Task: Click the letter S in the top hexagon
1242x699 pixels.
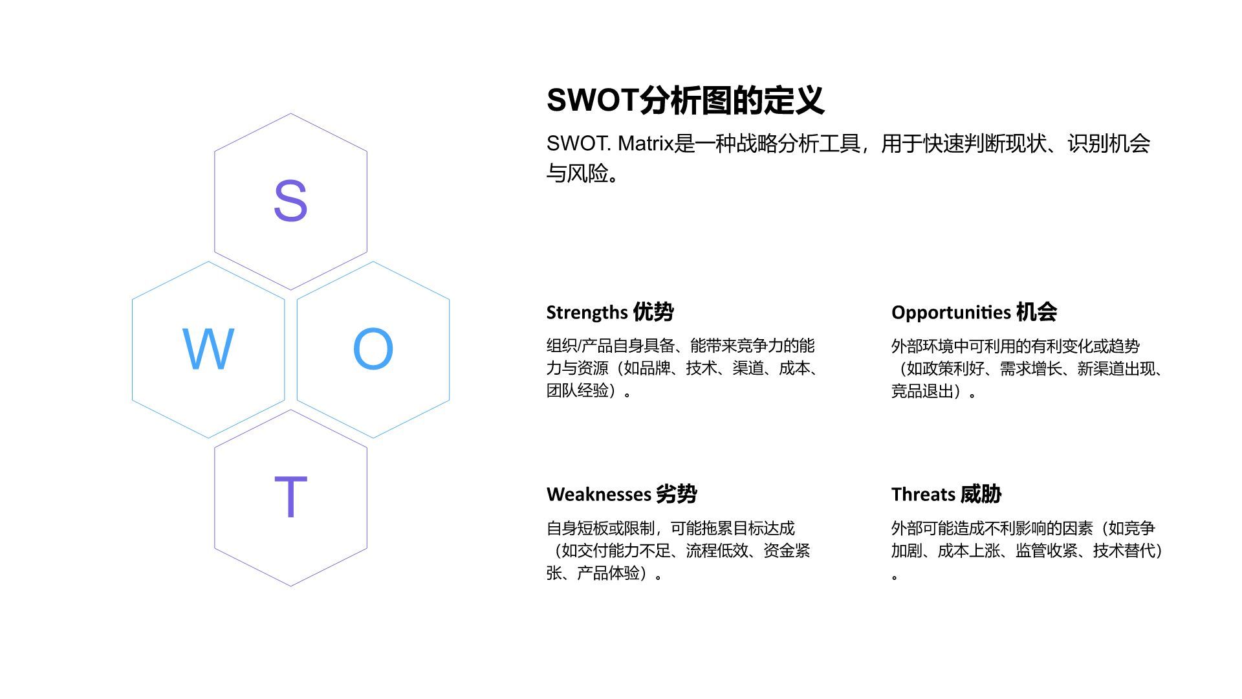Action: [290, 201]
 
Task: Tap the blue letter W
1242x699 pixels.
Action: [208, 349]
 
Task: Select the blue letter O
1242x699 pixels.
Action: [373, 349]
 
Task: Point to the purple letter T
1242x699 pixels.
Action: [290, 497]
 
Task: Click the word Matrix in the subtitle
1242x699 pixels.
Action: [646, 144]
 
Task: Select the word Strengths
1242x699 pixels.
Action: [587, 313]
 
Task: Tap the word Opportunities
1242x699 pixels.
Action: [950, 313]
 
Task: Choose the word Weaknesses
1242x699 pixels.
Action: [598, 494]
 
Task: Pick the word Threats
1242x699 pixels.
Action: [922, 494]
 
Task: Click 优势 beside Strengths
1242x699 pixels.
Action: [653, 312]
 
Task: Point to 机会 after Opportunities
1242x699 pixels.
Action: [1036, 312]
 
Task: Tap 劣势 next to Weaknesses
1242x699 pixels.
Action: [677, 494]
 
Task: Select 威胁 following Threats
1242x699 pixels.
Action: [981, 494]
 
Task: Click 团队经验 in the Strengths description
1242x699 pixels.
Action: [578, 391]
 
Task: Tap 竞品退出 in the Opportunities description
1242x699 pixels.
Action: [922, 391]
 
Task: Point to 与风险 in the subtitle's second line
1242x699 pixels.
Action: [577, 173]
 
